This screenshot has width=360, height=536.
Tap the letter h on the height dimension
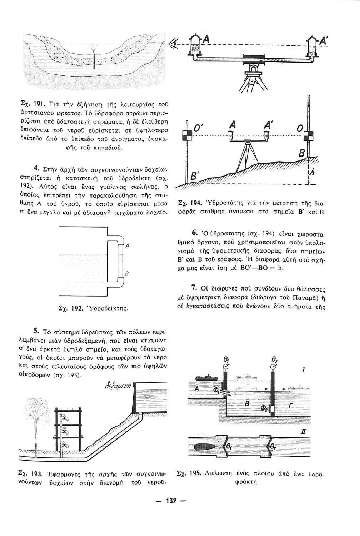pos(311,173)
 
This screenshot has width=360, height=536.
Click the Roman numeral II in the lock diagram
pos(303,432)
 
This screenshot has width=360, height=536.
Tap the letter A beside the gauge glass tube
pos(127,245)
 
